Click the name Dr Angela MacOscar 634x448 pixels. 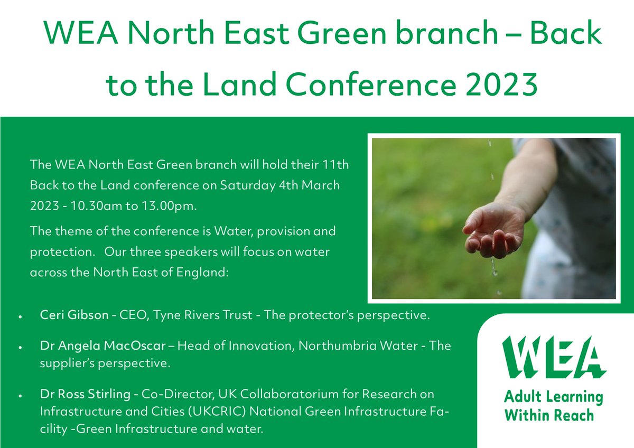point(106,346)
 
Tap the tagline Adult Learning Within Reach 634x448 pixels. point(553,406)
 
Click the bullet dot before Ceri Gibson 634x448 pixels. point(20,316)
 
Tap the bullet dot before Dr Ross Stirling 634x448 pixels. point(20,396)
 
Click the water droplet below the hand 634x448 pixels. point(495,273)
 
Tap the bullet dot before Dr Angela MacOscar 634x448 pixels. point(20,347)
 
